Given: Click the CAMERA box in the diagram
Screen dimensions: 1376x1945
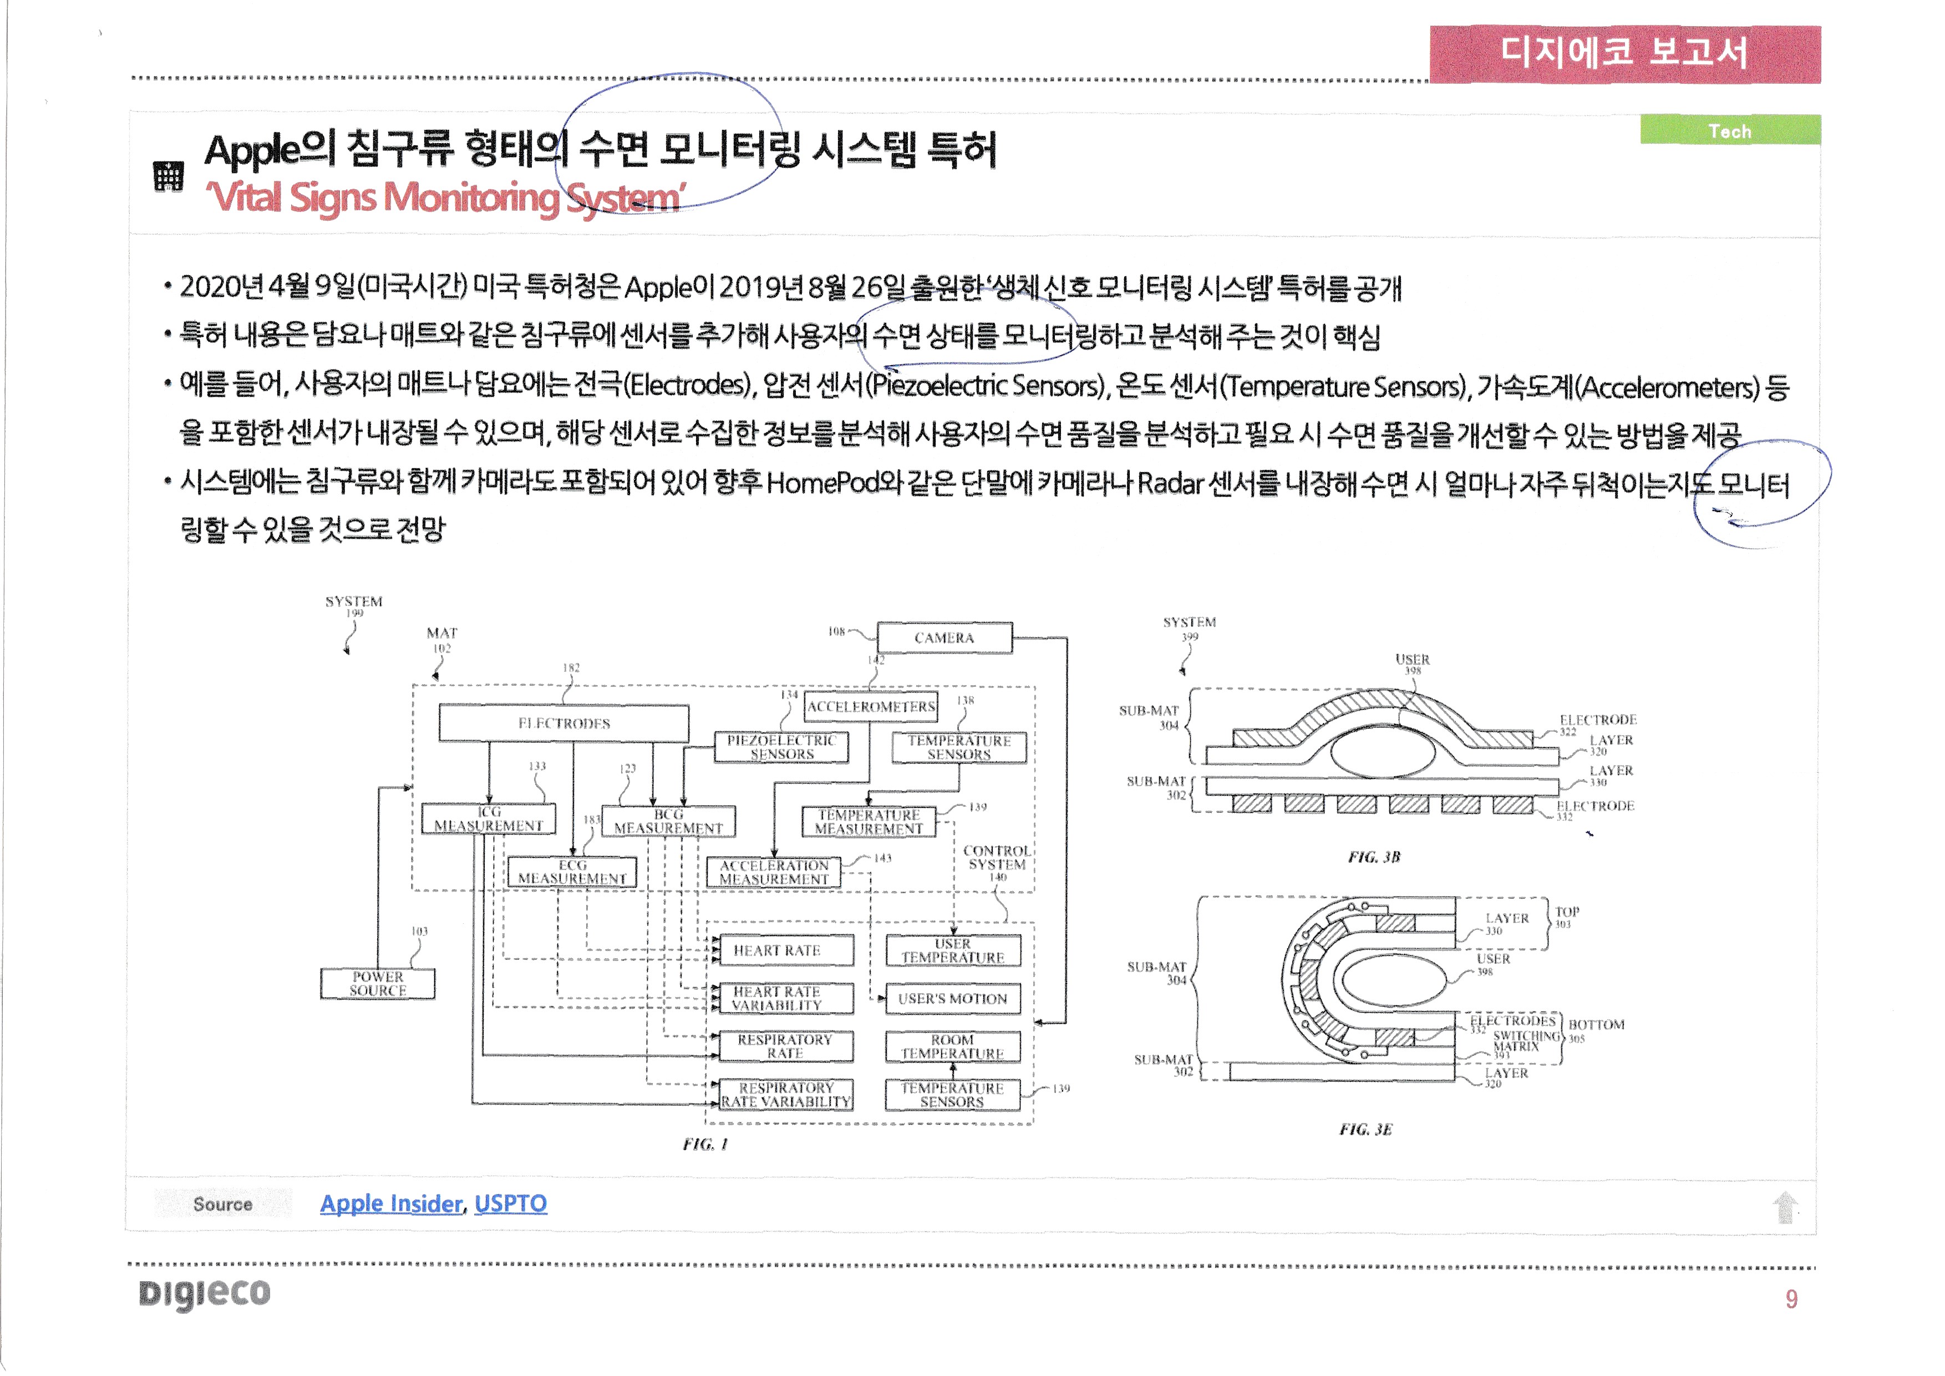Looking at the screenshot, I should click(944, 638).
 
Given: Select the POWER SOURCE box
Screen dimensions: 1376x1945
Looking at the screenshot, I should click(378, 984).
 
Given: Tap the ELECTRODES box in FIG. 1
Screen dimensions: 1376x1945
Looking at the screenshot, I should click(563, 724).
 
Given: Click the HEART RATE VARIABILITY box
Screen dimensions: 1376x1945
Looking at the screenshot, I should click(777, 998).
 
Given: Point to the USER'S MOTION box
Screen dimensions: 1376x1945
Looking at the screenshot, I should click(952, 999).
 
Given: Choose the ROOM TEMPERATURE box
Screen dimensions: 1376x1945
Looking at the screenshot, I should click(952, 1046).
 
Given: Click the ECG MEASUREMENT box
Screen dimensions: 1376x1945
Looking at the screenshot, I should click(572, 872).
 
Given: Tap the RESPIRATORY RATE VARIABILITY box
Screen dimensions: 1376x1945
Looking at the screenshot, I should click(785, 1095).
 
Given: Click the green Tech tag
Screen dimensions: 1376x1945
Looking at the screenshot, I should click(1729, 131).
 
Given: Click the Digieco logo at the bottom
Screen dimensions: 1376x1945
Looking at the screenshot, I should click(204, 1294).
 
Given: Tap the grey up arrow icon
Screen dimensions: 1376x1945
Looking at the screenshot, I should click(1785, 1207).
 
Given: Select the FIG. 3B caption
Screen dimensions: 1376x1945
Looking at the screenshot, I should click(1373, 857).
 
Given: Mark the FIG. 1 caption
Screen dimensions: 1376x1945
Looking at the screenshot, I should click(705, 1145).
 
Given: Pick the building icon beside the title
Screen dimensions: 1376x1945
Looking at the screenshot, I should click(169, 176).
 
